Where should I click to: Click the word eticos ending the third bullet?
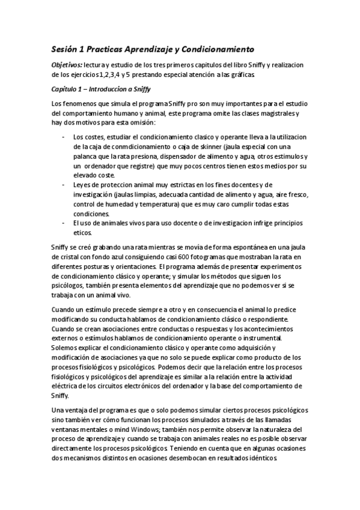click(x=84, y=232)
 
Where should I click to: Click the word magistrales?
click(x=273, y=112)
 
